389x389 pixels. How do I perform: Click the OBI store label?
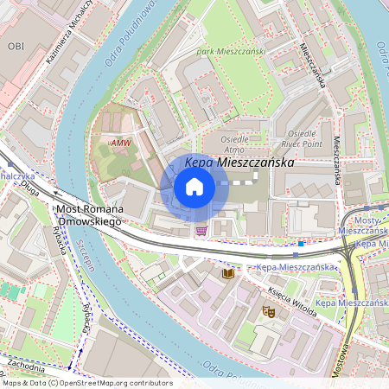click(x=16, y=45)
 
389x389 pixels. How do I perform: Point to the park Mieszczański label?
click(x=231, y=52)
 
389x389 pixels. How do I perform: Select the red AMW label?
click(x=121, y=142)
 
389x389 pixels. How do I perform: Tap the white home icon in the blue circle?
click(x=194, y=187)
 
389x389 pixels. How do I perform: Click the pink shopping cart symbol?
click(x=201, y=230)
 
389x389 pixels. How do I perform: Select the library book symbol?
click(x=228, y=273)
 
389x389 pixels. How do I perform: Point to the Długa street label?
click(x=31, y=183)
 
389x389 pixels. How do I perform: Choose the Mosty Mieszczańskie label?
click(x=362, y=226)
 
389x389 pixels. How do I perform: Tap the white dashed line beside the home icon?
click(x=238, y=184)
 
